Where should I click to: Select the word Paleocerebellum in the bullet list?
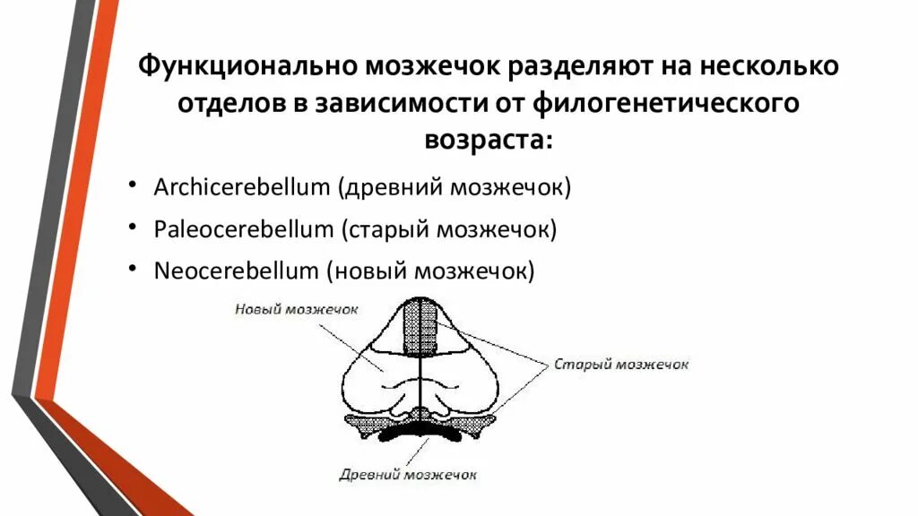(x=244, y=229)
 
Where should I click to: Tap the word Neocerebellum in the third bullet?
(x=237, y=270)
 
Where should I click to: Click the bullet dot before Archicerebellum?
(x=133, y=186)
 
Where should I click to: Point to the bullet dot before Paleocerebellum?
(x=133, y=228)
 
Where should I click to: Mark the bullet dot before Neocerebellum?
(x=133, y=268)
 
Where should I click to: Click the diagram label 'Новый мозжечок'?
(x=297, y=309)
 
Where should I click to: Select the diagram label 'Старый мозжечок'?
(x=621, y=365)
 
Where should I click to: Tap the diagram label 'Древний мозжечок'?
(x=408, y=475)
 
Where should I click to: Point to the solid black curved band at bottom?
(x=421, y=438)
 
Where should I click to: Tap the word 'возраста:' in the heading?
(x=489, y=141)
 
